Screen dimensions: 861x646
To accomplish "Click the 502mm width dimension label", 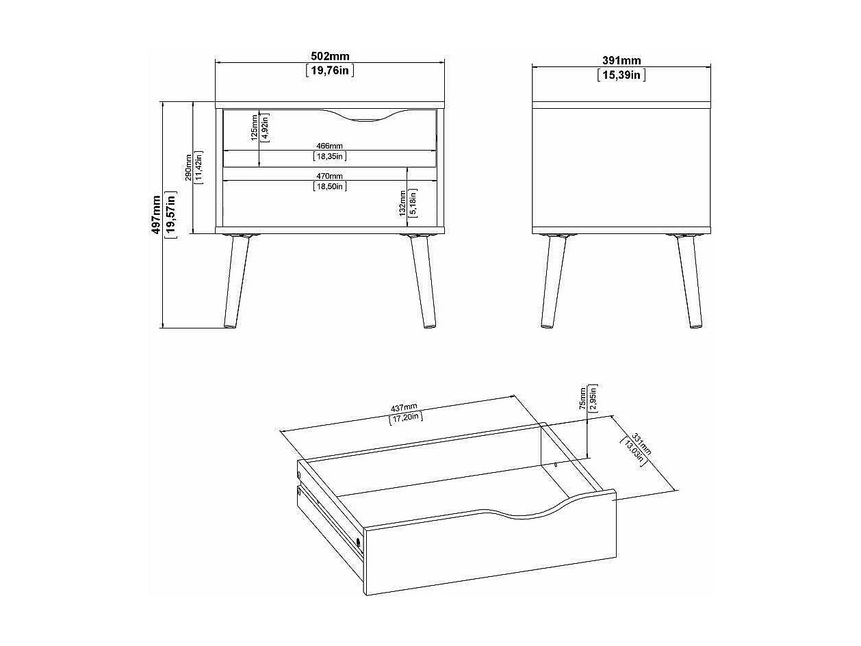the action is point(330,56).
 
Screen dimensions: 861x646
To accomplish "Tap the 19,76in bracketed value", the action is point(330,71).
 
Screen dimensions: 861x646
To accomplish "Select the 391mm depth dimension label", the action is point(621,60).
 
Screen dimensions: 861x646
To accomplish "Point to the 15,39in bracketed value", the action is point(621,75).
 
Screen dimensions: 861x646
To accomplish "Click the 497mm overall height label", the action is point(157,215).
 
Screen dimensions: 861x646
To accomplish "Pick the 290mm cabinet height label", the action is point(189,168).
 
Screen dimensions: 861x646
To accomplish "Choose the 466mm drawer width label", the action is point(329,146).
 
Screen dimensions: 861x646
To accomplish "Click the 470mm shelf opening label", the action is point(329,177).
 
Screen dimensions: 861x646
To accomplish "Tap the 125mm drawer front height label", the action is point(255,127).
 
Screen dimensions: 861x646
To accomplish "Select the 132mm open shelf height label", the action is point(402,203).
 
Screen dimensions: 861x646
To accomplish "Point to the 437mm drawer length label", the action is point(404,408).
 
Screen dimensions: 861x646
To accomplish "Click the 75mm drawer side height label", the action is point(583,398).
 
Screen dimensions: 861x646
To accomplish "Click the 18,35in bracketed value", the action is point(330,157).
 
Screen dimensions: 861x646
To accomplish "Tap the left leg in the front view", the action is point(236,281).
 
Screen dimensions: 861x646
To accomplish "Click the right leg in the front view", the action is point(423,281).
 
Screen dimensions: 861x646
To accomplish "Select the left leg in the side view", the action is point(553,281).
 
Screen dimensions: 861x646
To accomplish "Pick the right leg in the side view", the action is point(690,281).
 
